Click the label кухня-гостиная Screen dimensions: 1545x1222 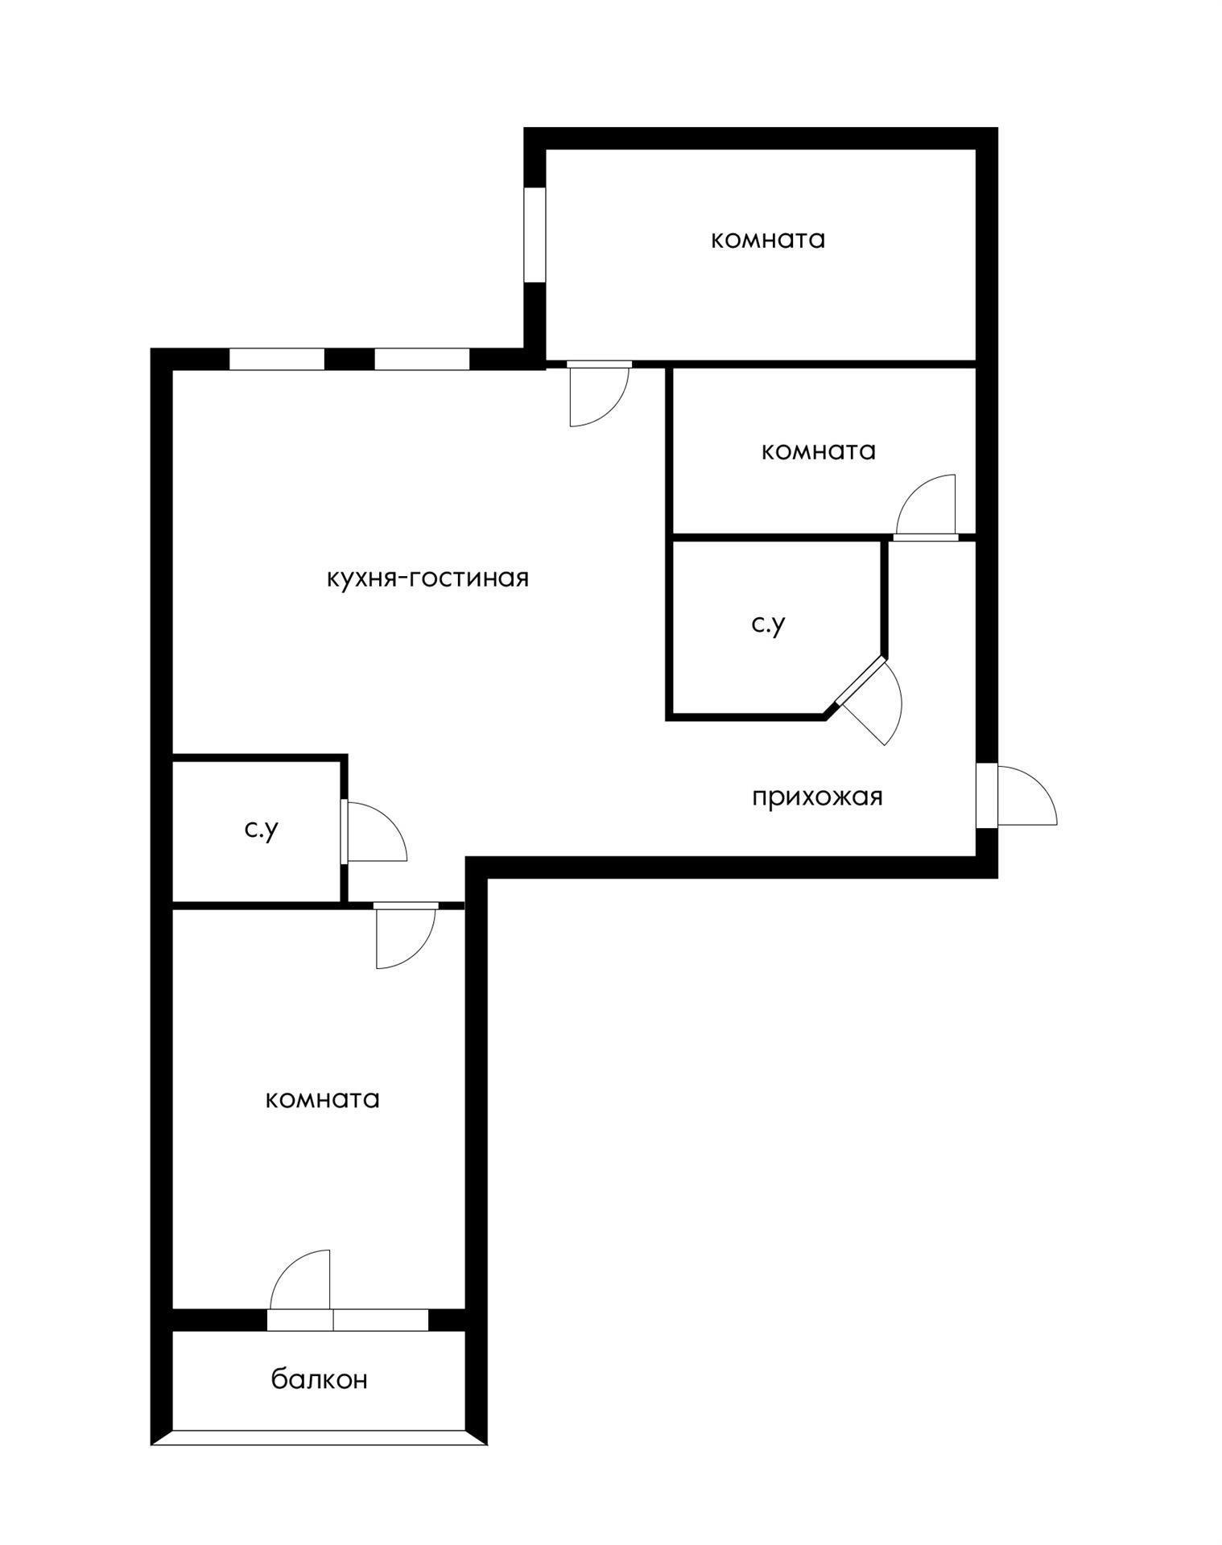[427, 579]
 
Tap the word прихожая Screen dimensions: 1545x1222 [817, 797]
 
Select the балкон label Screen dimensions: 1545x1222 [319, 1379]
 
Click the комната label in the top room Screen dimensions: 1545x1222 [768, 240]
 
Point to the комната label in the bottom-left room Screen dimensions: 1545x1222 [322, 1099]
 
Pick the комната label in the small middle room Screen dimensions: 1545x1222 [818, 451]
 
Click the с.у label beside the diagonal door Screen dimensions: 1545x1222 [768, 624]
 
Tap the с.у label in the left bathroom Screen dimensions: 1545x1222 [262, 830]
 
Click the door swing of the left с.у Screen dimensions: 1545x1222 [374, 833]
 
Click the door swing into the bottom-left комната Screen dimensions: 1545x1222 [404, 937]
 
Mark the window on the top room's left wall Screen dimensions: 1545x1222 [535, 235]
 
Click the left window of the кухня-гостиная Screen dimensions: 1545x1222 [277, 359]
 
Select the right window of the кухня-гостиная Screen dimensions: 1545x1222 [422, 359]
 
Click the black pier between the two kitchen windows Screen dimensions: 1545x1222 [349, 359]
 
